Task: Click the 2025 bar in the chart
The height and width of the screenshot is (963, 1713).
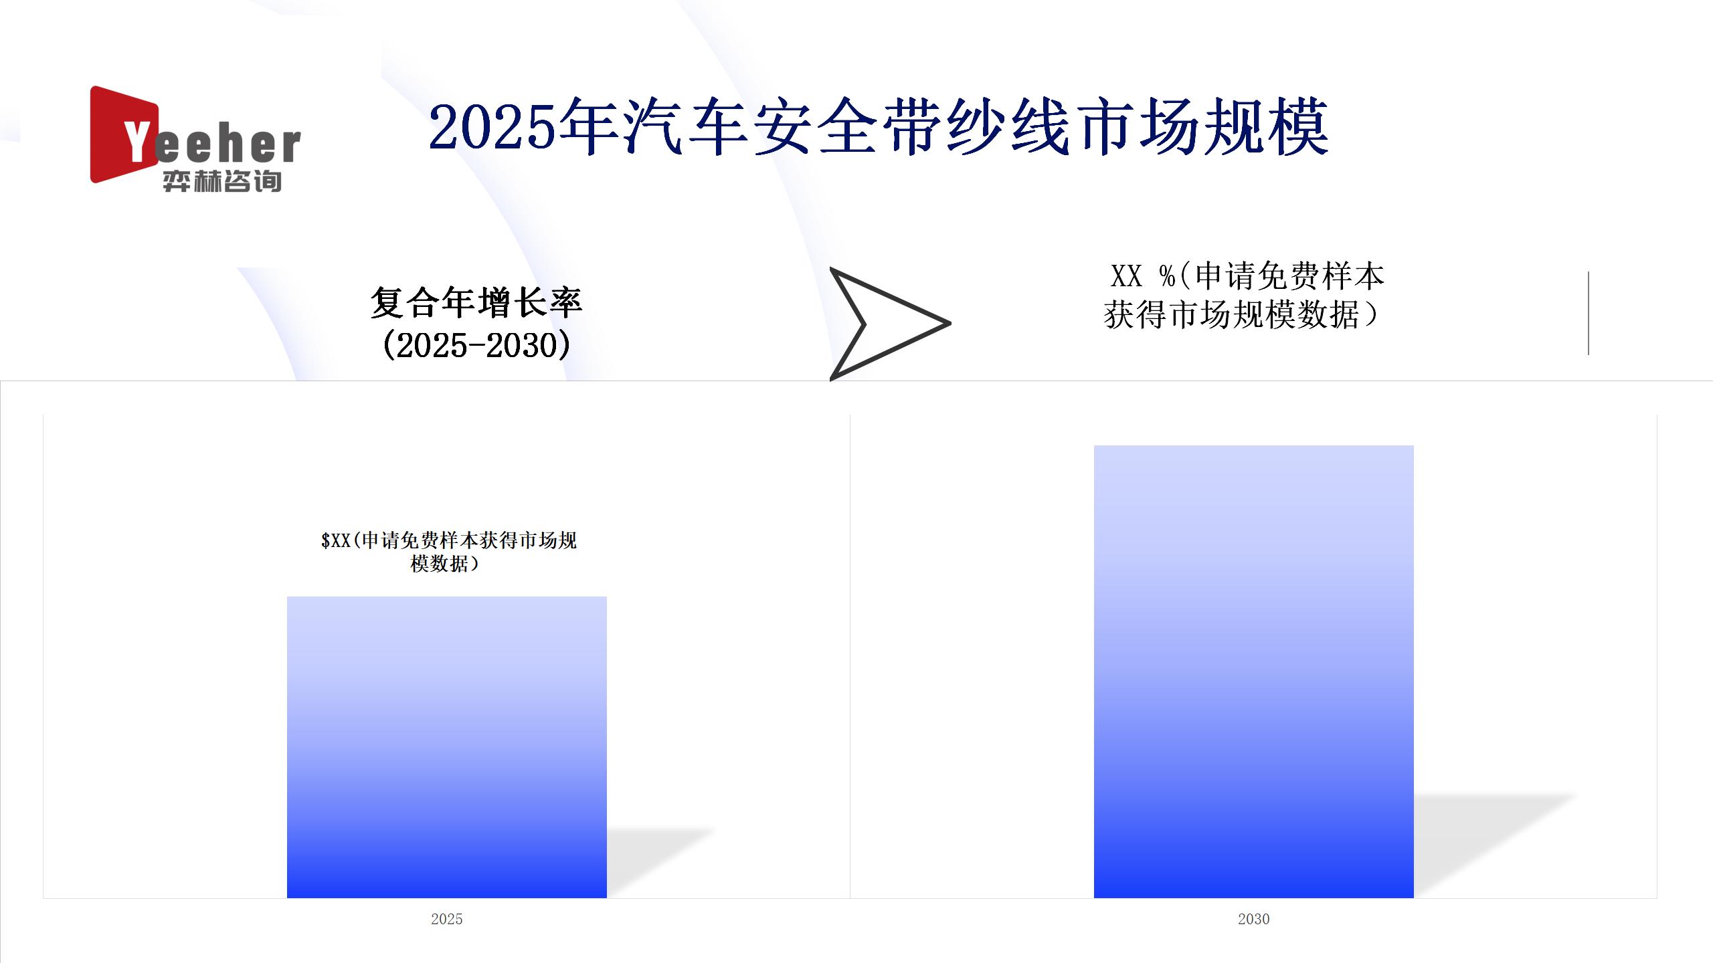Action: click(x=447, y=747)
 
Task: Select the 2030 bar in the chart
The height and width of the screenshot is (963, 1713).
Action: click(x=1254, y=671)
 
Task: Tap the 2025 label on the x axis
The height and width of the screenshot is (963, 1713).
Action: click(x=447, y=919)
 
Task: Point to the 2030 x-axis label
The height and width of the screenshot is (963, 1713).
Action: click(x=1254, y=919)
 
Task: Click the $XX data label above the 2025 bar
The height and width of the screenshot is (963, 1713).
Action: click(x=448, y=552)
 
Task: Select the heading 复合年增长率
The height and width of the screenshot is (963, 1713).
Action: click(x=476, y=303)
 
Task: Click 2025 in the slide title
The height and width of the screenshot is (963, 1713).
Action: click(x=493, y=127)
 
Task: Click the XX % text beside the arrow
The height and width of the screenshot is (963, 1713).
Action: click(x=1143, y=276)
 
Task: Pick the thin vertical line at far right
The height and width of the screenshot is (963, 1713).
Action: click(x=1589, y=313)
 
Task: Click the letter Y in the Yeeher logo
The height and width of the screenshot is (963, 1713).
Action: click(x=138, y=141)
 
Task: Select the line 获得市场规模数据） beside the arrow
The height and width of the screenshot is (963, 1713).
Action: click(x=1242, y=315)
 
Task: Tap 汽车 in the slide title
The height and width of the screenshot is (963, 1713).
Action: click(x=687, y=127)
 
